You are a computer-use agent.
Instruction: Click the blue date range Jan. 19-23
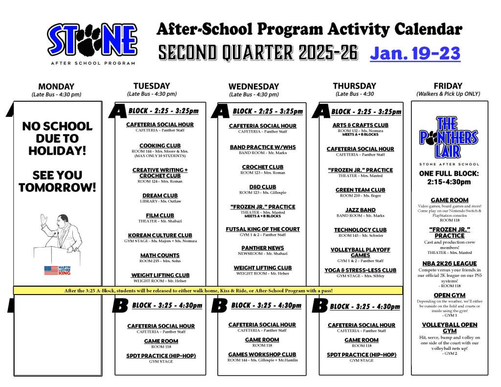pos(415,53)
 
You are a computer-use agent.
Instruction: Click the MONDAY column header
pos(56,87)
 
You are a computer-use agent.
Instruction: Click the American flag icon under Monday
pos(51,270)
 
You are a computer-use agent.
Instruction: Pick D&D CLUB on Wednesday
pos(262,187)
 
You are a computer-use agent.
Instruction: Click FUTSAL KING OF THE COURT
pos(262,229)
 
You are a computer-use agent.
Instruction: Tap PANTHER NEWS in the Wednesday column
pos(262,248)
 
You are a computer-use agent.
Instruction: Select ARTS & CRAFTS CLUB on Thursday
pos(360,125)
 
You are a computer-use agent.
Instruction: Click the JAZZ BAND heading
pos(360,210)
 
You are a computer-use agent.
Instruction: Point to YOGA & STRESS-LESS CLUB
pos(360,270)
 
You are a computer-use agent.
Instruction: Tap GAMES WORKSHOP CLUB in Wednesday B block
pos(262,354)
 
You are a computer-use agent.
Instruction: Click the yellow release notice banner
pos(208,291)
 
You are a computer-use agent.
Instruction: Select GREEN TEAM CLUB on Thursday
pos(360,190)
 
